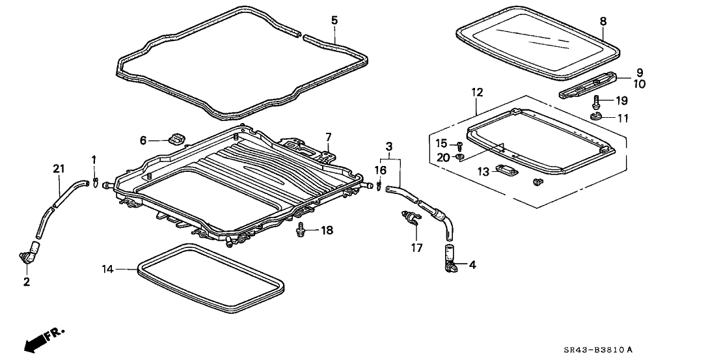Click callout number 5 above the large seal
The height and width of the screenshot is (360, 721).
(x=334, y=20)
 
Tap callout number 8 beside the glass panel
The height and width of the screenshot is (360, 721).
(x=603, y=21)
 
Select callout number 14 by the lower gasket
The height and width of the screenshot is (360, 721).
(x=107, y=268)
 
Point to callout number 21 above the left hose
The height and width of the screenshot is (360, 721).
(x=59, y=169)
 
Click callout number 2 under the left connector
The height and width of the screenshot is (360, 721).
(x=27, y=282)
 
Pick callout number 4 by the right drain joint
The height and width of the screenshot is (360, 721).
(x=472, y=265)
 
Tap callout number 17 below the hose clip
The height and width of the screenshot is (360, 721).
(x=416, y=248)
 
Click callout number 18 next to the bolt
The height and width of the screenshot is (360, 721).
(x=327, y=230)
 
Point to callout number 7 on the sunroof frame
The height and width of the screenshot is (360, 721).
(x=329, y=137)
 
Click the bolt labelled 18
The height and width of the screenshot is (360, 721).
(x=301, y=228)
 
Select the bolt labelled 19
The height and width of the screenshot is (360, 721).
(x=597, y=101)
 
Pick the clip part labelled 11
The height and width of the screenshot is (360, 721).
(x=595, y=116)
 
